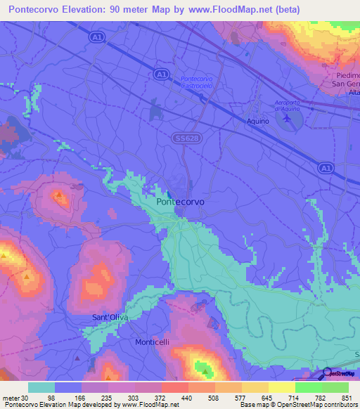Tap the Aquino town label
click(x=258, y=122)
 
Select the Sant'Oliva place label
click(x=110, y=318)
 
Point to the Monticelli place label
click(x=152, y=342)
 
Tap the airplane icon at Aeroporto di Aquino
click(x=285, y=119)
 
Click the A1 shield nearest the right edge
click(x=324, y=168)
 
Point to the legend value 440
click(x=187, y=397)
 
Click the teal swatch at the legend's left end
click(x=41, y=387)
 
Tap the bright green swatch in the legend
click(x=308, y=387)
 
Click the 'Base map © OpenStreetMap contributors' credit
click(x=298, y=405)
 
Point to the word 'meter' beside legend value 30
click(x=10, y=397)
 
